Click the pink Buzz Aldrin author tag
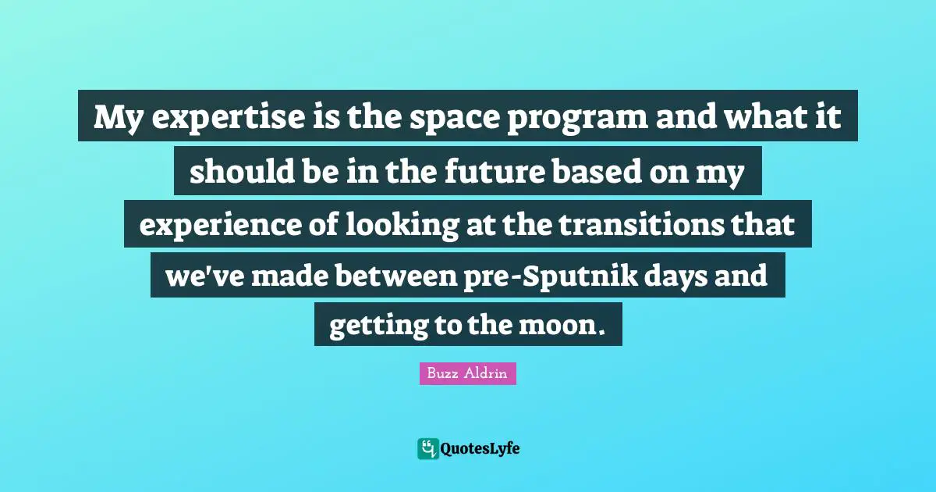pyautogui.click(x=468, y=374)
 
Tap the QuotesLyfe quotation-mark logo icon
pyautogui.click(x=427, y=448)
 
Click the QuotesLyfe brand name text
pyautogui.click(x=481, y=448)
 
